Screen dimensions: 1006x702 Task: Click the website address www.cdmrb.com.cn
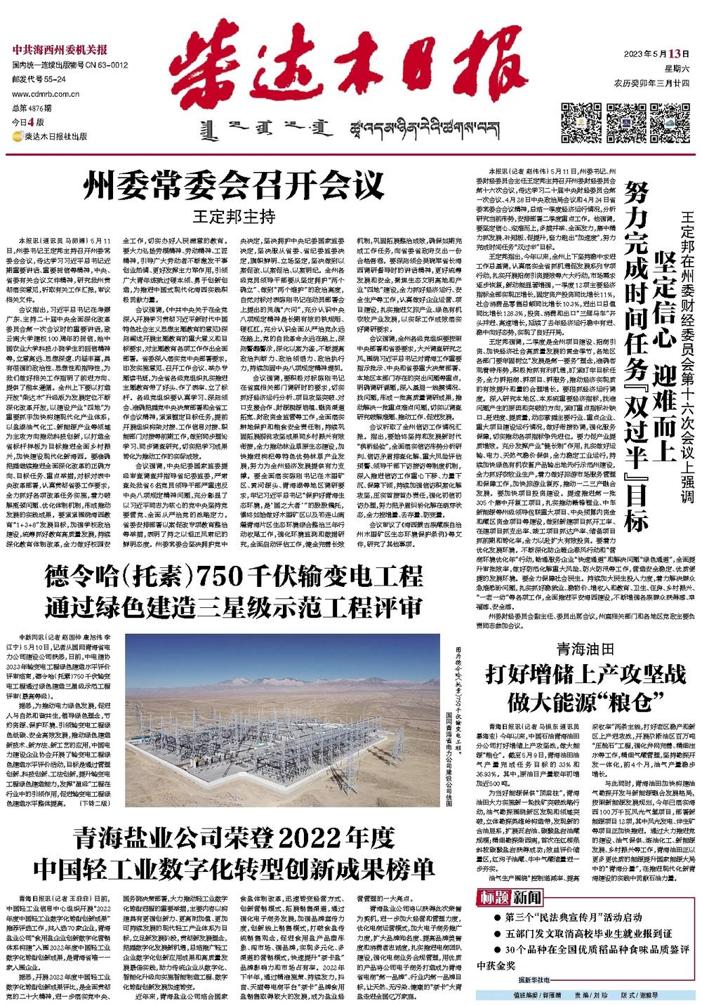tap(45, 93)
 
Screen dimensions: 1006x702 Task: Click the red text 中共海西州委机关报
tap(60, 49)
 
